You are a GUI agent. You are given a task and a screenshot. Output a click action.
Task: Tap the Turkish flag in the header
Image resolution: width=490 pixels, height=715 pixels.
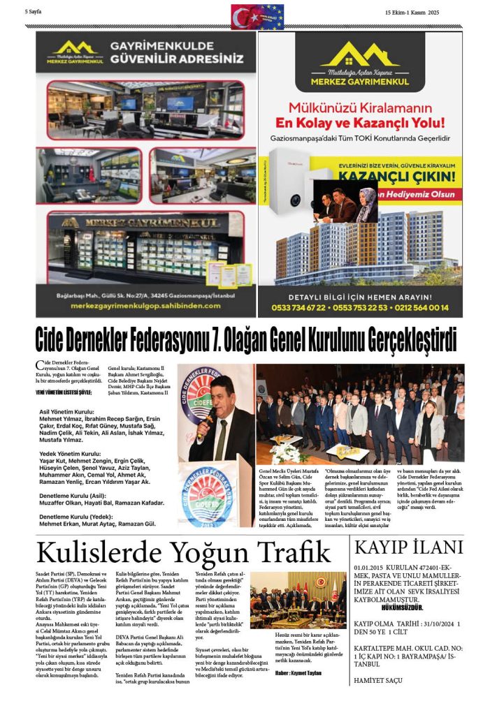(244, 15)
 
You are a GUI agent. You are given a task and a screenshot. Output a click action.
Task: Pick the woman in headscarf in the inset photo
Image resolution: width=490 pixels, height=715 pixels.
(366, 204)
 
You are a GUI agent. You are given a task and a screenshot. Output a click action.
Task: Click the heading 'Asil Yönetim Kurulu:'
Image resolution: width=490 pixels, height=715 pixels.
(72, 412)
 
